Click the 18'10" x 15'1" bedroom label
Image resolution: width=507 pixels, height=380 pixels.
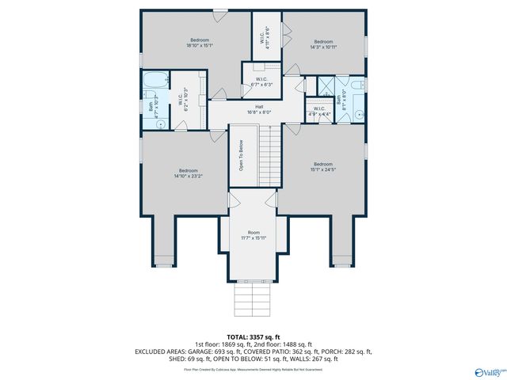coord(200,44)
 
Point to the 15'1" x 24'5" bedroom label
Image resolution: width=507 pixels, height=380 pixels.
coord(322,166)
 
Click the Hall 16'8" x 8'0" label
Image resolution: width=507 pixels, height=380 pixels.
coord(258,109)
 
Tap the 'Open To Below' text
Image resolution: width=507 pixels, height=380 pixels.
coord(241,157)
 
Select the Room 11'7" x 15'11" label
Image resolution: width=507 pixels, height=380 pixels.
coord(253,235)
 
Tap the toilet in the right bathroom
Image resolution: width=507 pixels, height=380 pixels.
coord(357,84)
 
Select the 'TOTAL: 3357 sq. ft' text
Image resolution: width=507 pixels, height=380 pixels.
coord(253,337)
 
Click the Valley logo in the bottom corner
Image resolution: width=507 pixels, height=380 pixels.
coord(486,370)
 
